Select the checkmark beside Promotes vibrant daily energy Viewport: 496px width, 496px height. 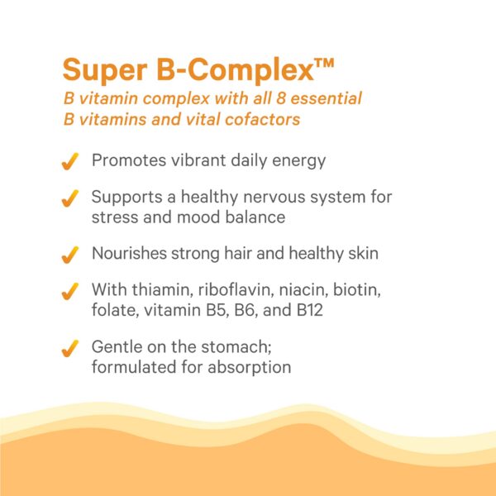point(71,161)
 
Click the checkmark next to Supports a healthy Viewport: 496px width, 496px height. point(71,199)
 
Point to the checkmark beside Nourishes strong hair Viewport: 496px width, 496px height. point(71,254)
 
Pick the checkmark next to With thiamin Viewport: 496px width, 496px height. point(71,293)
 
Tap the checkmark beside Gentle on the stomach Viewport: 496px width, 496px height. point(71,348)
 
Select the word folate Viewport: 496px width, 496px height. point(112,312)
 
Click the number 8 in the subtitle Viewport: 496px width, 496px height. point(277,98)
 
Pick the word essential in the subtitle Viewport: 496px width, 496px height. point(324,98)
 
